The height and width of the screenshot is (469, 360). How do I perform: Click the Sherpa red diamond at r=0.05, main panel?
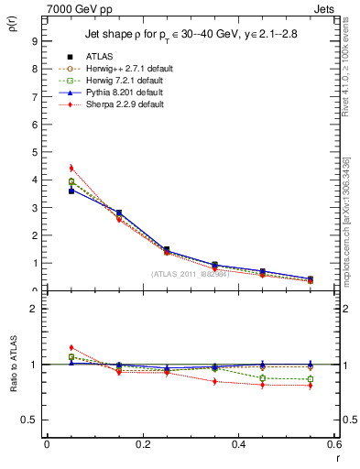tap(71, 168)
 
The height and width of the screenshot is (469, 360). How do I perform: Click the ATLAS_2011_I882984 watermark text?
tap(190, 274)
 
